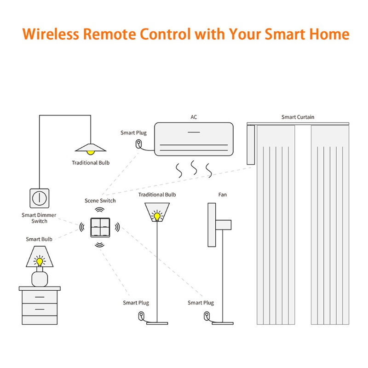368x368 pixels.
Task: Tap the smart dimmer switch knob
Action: pos(40,198)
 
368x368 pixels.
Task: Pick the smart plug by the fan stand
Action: pos(207,316)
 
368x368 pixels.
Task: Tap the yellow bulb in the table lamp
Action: pos(40,262)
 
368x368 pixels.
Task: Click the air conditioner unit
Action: pos(193,138)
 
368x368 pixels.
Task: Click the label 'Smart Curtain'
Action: pos(298,117)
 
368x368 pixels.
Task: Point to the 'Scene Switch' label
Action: pos(100,201)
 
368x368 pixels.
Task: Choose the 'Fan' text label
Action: pos(222,195)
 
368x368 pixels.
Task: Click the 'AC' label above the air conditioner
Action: pos(194,117)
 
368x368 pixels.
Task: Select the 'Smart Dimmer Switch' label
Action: pos(39,218)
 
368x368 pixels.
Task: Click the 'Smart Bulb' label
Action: pos(39,239)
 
